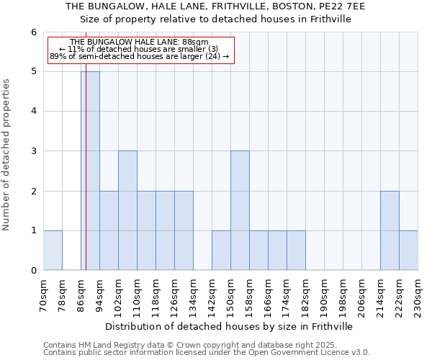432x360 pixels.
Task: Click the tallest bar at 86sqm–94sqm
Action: click(91, 171)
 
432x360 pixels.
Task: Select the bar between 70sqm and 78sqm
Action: click(53, 251)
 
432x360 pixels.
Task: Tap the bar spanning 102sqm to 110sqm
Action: click(127, 210)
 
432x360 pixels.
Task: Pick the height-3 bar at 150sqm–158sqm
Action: click(240, 210)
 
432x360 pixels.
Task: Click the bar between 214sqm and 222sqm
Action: click(390, 230)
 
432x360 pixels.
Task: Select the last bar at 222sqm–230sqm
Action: click(408, 251)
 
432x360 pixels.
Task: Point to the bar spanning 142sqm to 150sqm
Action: click(221, 251)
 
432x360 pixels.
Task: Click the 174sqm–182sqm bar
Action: click(296, 251)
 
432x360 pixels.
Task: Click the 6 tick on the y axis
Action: click(33, 32)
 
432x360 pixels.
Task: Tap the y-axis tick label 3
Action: click(33, 151)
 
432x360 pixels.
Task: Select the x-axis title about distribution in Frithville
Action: click(230, 326)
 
